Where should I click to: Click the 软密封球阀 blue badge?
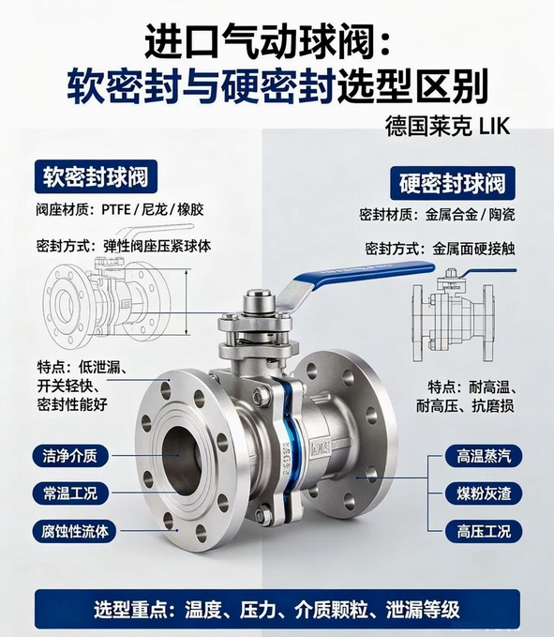[x=96, y=176]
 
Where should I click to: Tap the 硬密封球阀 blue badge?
[x=453, y=183]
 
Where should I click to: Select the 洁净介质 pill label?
[x=70, y=456]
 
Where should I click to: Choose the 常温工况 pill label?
[x=70, y=493]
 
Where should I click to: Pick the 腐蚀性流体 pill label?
[x=75, y=531]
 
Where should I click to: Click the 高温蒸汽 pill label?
[x=484, y=456]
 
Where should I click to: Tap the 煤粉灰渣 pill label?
[x=484, y=493]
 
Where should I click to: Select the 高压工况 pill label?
[x=484, y=531]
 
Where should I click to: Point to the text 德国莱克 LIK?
[x=447, y=127]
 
